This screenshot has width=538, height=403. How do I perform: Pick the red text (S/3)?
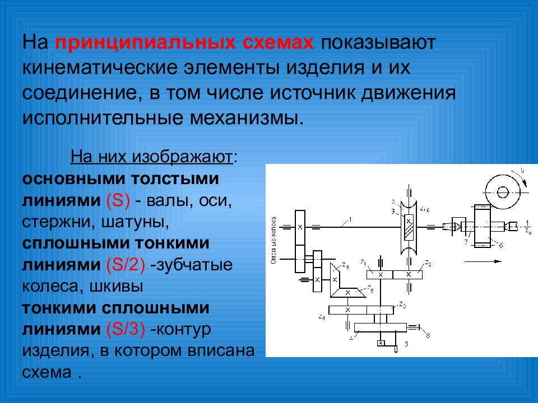[126, 330]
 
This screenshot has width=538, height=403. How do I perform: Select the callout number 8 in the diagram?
[428, 335]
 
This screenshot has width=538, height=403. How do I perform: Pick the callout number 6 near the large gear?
[500, 245]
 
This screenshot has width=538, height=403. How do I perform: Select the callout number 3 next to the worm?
[394, 210]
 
